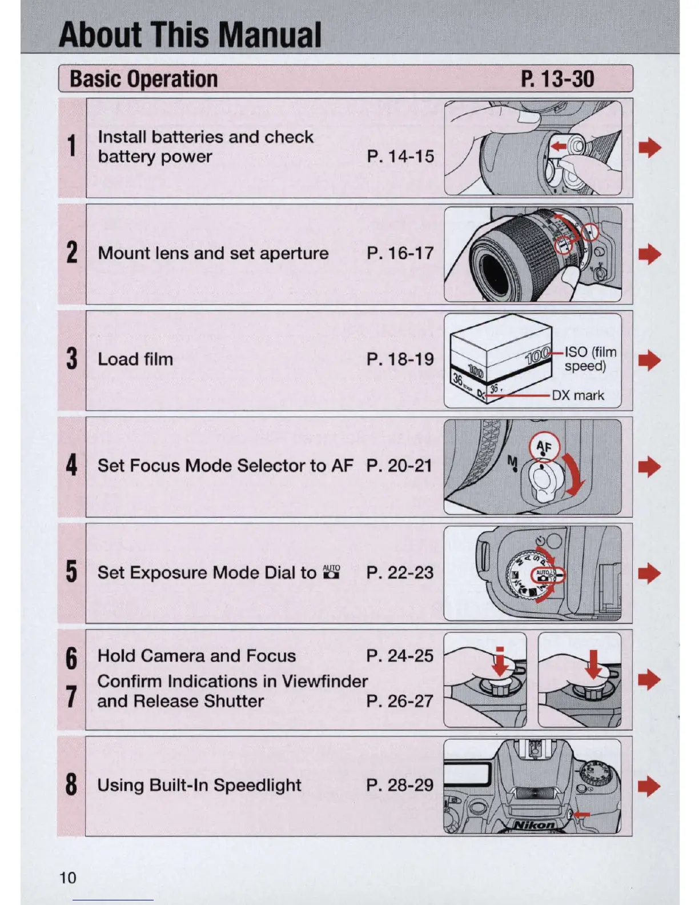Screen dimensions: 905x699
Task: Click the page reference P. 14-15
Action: pos(400,157)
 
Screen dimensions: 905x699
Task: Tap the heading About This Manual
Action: pos(190,35)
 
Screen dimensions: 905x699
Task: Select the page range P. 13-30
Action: pos(557,79)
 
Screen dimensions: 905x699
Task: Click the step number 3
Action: pos(71,359)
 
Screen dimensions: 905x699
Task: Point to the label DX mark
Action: pos(577,395)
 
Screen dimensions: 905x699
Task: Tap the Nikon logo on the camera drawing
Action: pos(533,824)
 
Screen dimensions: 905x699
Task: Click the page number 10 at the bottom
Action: pos(67,878)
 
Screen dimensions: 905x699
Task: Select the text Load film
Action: pos(135,359)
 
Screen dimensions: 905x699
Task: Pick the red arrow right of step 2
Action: pos(649,254)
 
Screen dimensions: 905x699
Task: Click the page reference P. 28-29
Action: pos(400,785)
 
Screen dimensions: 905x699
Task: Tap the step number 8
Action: pos(71,784)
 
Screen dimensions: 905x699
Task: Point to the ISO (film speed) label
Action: pos(589,359)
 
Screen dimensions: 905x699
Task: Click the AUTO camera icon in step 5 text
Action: pos(331,572)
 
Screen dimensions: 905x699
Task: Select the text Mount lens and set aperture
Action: pos(213,253)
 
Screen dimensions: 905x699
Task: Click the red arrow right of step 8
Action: pos(649,786)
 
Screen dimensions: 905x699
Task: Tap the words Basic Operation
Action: pos(143,79)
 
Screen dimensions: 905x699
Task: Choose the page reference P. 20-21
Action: pos(399,466)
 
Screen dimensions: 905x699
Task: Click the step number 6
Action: pos(71,658)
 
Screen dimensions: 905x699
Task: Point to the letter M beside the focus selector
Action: pos(512,462)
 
